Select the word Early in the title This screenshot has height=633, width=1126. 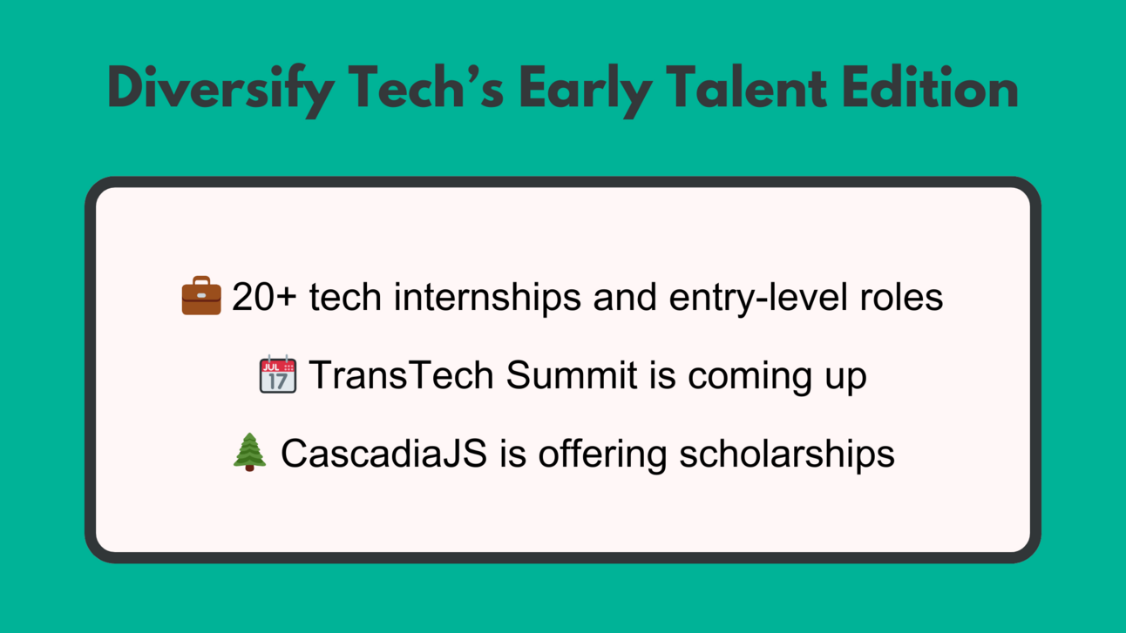[586, 91]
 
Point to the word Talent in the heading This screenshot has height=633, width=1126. [747, 87]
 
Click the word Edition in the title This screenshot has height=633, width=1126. [930, 87]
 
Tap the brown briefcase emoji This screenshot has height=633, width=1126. [201, 295]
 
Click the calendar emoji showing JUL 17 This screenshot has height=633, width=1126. [277, 374]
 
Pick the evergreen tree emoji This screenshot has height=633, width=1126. [249, 452]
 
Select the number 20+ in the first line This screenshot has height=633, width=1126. [264, 297]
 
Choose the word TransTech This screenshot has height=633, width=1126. [401, 374]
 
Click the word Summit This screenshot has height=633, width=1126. [572, 374]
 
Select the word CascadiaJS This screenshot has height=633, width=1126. [383, 453]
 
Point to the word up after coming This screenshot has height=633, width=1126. [846, 380]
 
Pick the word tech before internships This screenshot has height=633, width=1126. [345, 297]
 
